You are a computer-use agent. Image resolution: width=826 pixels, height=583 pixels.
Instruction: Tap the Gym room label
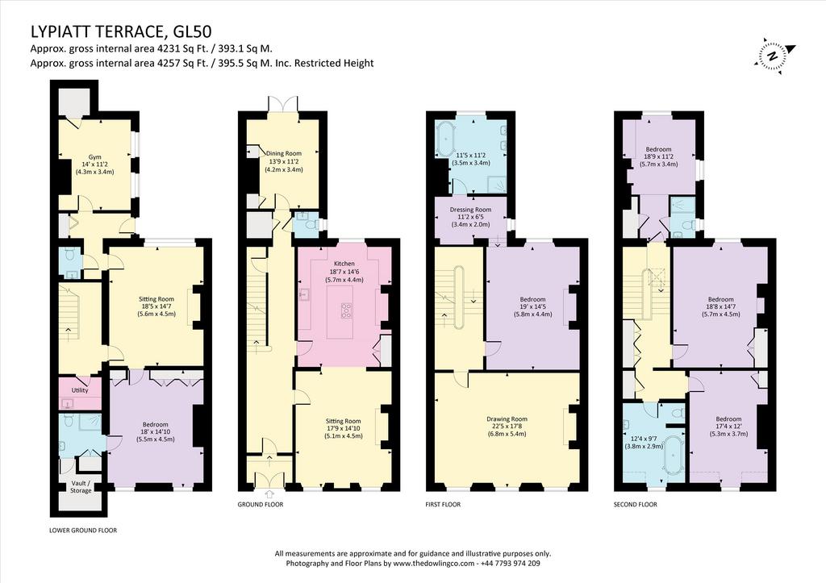[95, 157]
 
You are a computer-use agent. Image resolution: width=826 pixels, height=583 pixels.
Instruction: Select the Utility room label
[80, 390]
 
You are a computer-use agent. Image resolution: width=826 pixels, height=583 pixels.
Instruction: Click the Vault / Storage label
[81, 486]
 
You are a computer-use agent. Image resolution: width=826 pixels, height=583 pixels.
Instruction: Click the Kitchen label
[344, 264]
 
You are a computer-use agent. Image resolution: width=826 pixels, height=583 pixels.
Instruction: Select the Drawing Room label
[507, 419]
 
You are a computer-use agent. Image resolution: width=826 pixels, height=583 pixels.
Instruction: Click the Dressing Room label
[470, 210]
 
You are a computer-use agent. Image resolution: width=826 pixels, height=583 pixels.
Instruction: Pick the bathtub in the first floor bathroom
[447, 139]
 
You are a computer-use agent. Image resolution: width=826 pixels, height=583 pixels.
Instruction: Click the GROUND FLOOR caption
[261, 505]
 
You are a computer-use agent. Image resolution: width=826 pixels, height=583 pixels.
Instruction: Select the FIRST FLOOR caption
[443, 505]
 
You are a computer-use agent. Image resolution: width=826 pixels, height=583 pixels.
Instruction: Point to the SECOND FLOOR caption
[636, 505]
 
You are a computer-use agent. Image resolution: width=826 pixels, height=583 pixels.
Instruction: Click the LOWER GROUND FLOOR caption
[83, 531]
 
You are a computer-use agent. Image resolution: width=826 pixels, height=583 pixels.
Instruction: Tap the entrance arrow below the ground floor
[270, 493]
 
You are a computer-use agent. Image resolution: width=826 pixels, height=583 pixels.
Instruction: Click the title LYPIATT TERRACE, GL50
[121, 31]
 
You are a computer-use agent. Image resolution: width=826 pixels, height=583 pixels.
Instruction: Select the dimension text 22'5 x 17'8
[507, 427]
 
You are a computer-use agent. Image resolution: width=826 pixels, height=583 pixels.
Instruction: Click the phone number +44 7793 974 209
[510, 564]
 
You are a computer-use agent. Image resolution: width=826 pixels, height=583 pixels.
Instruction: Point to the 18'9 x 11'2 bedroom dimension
[658, 156]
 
